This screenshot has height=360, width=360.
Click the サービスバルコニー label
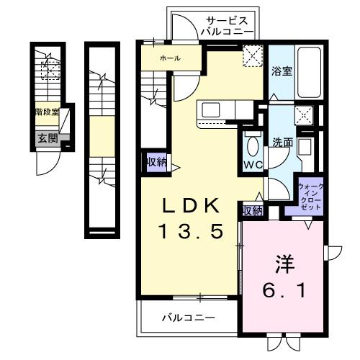[x=227, y=26]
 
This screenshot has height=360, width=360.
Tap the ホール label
[x=170, y=58]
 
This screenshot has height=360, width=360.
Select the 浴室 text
[x=282, y=71]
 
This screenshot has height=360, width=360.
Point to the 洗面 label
[x=282, y=143]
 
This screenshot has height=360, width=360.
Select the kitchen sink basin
[x=212, y=110]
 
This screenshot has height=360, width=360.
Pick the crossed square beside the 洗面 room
[x=304, y=115]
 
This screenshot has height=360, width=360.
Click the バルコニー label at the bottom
[x=187, y=318]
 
